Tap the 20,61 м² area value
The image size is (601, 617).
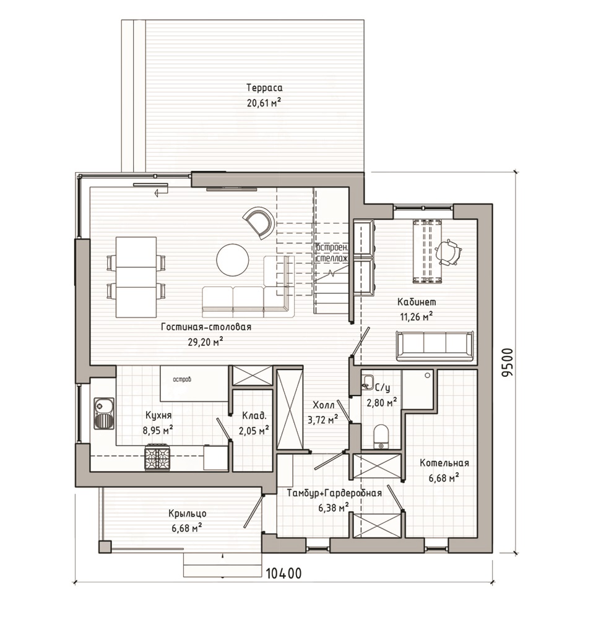(264, 103)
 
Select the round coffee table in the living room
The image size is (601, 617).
(233, 260)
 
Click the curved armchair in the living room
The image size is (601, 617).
(258, 222)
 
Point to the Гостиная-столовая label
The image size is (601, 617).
(206, 327)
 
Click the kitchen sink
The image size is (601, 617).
(104, 413)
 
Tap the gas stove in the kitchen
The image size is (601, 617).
(158, 457)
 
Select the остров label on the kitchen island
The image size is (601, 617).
(182, 380)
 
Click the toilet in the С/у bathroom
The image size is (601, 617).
(381, 437)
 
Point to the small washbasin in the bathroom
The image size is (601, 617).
(368, 382)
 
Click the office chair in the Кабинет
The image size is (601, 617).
(448, 252)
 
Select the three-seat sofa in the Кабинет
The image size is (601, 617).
(435, 346)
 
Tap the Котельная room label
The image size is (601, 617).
(444, 463)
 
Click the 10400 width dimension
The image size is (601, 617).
(283, 573)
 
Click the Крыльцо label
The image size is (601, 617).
(188, 514)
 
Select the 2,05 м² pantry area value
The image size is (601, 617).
(254, 430)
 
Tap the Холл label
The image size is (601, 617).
(324, 405)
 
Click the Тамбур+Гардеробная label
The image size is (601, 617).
(334, 493)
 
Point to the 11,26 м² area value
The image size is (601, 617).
(417, 316)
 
